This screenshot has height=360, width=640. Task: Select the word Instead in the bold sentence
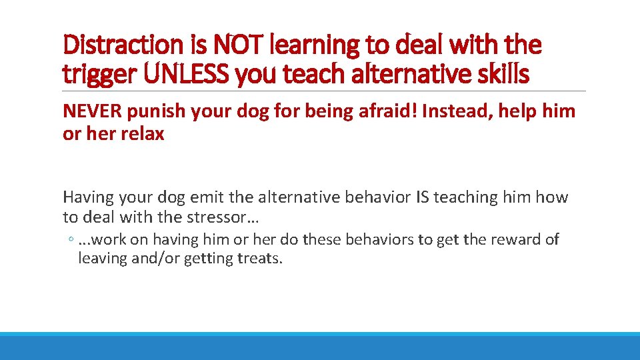point(454,111)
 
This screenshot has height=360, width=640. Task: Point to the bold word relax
point(141,133)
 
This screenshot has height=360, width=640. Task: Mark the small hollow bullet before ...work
point(70,240)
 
